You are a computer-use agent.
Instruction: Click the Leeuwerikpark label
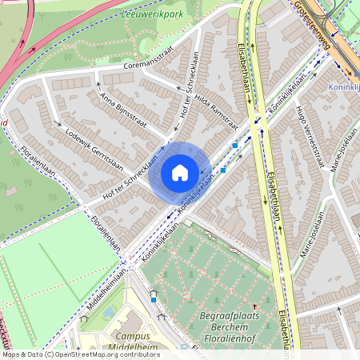click(157, 14)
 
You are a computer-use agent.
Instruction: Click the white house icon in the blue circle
click(180, 173)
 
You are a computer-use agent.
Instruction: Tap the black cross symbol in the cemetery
click(254, 306)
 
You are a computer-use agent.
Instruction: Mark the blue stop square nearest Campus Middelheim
click(154, 298)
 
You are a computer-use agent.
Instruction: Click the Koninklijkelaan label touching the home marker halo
click(196, 192)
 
